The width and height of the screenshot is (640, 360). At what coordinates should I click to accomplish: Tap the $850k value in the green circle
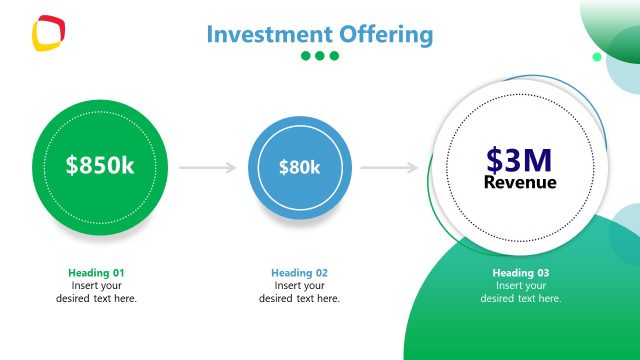pos(100,166)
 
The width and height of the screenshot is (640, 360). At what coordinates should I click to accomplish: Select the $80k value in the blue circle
pos(299,167)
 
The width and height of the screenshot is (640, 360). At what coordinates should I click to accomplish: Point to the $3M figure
pos(520,159)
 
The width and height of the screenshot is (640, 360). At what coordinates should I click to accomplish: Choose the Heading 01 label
pos(96,273)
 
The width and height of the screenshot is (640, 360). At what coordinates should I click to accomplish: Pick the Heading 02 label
pos(299,273)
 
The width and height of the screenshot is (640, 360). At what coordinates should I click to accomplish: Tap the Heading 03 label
pos(521,273)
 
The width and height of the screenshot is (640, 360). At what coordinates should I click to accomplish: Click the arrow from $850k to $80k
pos(208,167)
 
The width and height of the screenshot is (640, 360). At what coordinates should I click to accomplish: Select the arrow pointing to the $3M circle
pos(389,167)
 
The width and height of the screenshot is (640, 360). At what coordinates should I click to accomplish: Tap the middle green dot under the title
pos(320,56)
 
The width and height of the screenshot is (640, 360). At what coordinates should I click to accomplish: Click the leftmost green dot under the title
pos(306,56)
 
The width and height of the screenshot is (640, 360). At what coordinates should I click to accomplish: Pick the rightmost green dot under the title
pos(334,56)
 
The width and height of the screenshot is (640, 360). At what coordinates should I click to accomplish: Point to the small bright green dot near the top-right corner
pos(597,57)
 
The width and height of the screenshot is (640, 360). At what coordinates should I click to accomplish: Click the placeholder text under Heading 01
pos(96,292)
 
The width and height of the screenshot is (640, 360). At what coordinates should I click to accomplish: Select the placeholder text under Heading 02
pos(299,292)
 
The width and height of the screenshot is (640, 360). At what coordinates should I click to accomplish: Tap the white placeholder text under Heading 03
pos(521,292)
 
